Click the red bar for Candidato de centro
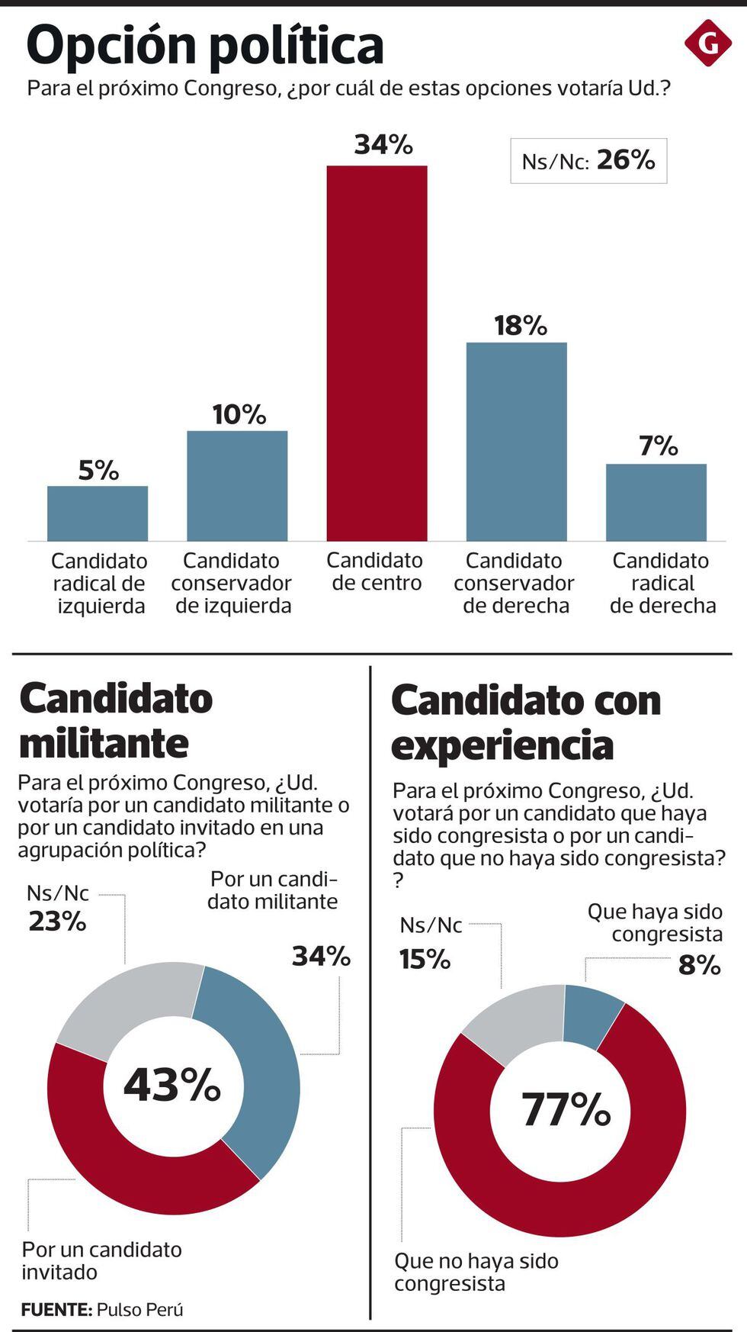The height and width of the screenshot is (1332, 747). pyautogui.click(x=377, y=352)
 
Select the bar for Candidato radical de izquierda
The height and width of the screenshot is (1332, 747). pyautogui.click(x=98, y=513)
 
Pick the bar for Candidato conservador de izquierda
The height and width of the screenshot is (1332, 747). pyautogui.click(x=237, y=485)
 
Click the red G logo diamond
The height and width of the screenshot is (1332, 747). pyautogui.click(x=707, y=43)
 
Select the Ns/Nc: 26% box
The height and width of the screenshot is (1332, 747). pyautogui.click(x=588, y=161)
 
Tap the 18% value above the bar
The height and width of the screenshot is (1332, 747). pyautogui.click(x=521, y=326)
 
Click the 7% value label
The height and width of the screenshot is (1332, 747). pyautogui.click(x=659, y=446)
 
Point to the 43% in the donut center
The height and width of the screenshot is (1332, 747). pyautogui.click(x=172, y=1085)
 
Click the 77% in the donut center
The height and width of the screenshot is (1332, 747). pyautogui.click(x=566, y=1109)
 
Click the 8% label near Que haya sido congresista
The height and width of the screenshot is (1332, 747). pyautogui.click(x=699, y=965)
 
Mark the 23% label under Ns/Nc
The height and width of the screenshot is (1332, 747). pyautogui.click(x=57, y=922)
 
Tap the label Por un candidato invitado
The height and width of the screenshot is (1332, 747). pyautogui.click(x=101, y=1260)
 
